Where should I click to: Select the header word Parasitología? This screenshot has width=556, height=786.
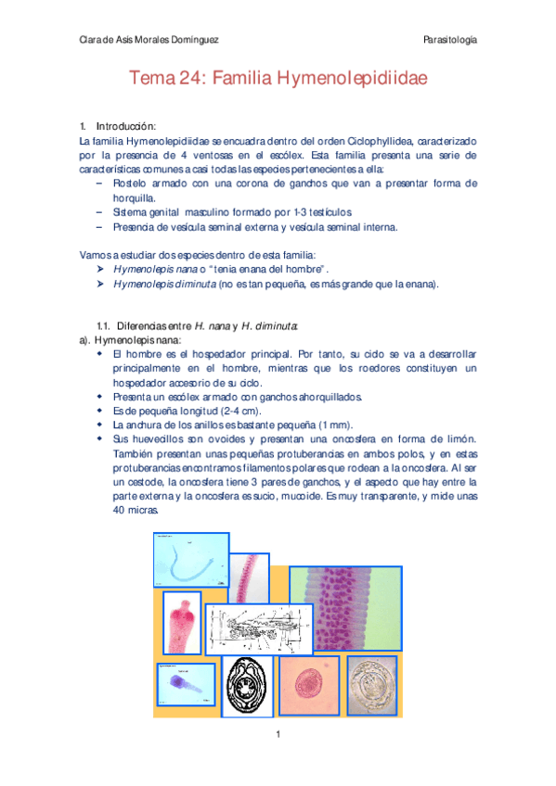coord(450,39)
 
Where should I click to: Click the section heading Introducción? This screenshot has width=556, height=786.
coord(126,125)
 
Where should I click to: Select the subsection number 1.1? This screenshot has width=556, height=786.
coord(104,325)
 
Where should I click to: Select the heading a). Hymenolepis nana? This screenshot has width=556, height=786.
coord(122,340)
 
